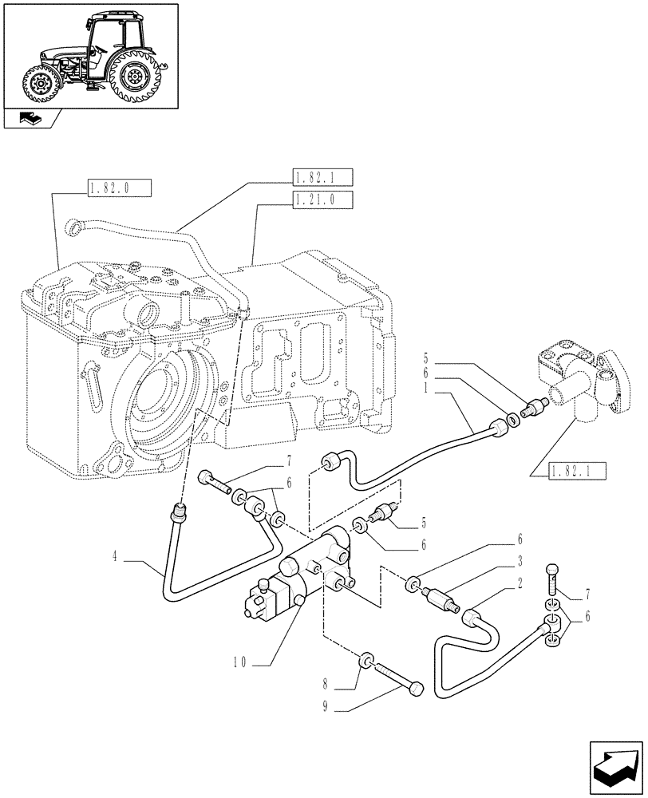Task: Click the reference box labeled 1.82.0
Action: (117, 189)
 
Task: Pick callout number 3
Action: (520, 560)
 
